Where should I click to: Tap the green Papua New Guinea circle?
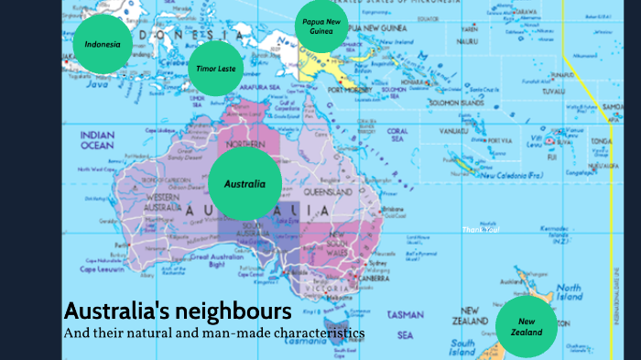321,27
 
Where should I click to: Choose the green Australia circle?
244,183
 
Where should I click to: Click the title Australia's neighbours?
178,310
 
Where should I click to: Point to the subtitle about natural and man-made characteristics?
213,332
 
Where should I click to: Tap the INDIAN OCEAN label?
97,140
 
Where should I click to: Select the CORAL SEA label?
397,136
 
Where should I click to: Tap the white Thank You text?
483,229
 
